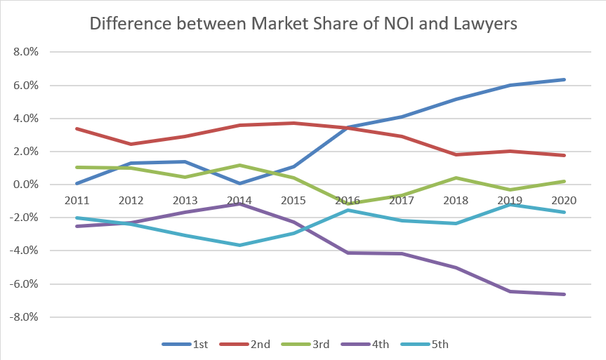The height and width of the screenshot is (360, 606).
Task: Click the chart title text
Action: (303, 24)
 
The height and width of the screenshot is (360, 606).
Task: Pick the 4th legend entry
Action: (375, 344)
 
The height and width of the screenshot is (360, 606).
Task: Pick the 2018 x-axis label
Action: (456, 200)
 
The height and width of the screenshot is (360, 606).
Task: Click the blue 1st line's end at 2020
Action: (565, 79)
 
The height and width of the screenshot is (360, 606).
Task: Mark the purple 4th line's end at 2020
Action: (565, 294)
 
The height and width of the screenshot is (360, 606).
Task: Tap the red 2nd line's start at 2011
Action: (76, 128)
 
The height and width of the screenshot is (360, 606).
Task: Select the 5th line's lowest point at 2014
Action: (239, 245)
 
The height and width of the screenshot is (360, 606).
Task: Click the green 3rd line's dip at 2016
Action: (348, 204)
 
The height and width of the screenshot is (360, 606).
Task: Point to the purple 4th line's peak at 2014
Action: (239, 204)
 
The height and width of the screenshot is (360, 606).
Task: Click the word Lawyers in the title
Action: (482, 24)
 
